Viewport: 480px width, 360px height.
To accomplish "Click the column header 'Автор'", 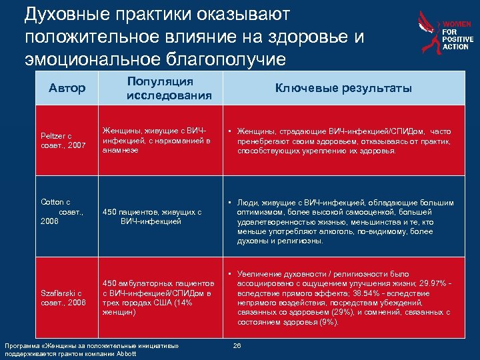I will pos(67,88).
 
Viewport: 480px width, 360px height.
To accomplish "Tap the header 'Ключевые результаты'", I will pos(344,88).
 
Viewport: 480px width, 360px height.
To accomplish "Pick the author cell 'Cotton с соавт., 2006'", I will pos(59,211).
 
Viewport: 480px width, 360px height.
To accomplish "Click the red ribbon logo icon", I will pos(426,34).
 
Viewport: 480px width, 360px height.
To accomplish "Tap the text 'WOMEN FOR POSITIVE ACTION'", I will pos(457,35).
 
